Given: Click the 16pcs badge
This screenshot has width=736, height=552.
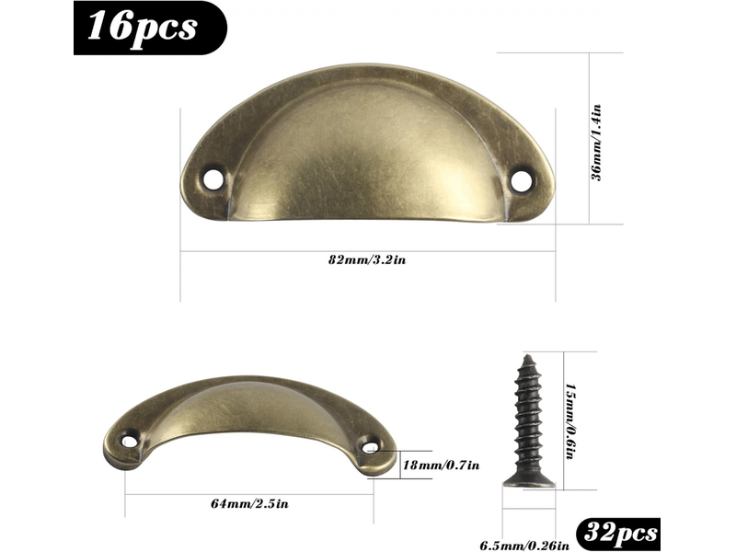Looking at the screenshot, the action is point(150,28).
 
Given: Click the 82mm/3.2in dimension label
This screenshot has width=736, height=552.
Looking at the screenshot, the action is point(366,259).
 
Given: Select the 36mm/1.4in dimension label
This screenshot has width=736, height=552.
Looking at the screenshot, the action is point(595,143).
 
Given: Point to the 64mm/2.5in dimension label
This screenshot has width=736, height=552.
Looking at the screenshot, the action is point(249,504).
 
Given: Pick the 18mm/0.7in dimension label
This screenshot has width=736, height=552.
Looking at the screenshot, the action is point(442,466).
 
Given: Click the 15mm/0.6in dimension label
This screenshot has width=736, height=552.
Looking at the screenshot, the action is point(570,421).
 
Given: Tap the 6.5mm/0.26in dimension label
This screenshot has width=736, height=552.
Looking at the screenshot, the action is point(524,546).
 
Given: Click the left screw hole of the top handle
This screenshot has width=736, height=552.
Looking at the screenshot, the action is point(213,179).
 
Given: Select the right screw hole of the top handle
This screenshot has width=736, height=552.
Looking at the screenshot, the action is point(521,181).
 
